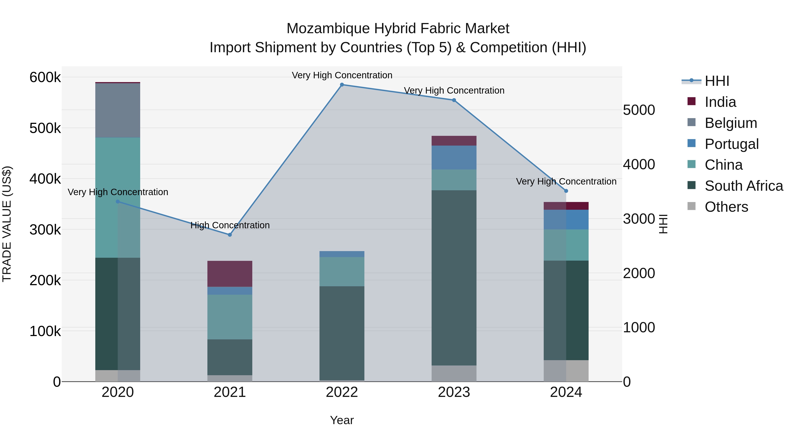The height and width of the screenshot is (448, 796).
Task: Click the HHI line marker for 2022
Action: click(342, 85)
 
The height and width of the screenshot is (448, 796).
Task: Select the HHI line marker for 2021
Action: click(230, 235)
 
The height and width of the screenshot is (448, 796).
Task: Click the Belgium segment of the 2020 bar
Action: click(117, 110)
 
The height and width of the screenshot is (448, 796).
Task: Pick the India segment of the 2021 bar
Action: click(230, 274)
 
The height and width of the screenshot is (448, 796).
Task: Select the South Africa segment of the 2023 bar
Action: click(454, 278)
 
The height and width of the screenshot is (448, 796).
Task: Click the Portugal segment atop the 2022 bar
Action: click(342, 254)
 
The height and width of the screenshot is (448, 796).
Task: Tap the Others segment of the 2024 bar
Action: click(566, 371)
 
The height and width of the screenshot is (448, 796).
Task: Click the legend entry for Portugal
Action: click(731, 144)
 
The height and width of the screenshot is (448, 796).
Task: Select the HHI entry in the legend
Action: click(717, 81)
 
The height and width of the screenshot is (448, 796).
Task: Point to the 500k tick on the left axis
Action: click(45, 128)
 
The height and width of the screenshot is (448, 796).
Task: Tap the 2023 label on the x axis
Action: click(454, 392)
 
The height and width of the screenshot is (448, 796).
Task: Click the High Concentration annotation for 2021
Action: click(230, 225)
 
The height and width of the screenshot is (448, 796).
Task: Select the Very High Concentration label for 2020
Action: click(118, 192)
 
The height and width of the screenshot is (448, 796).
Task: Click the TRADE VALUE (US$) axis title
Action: click(7, 224)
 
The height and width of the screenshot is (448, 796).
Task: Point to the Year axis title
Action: click(342, 420)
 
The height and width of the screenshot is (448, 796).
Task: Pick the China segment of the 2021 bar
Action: click(230, 317)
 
